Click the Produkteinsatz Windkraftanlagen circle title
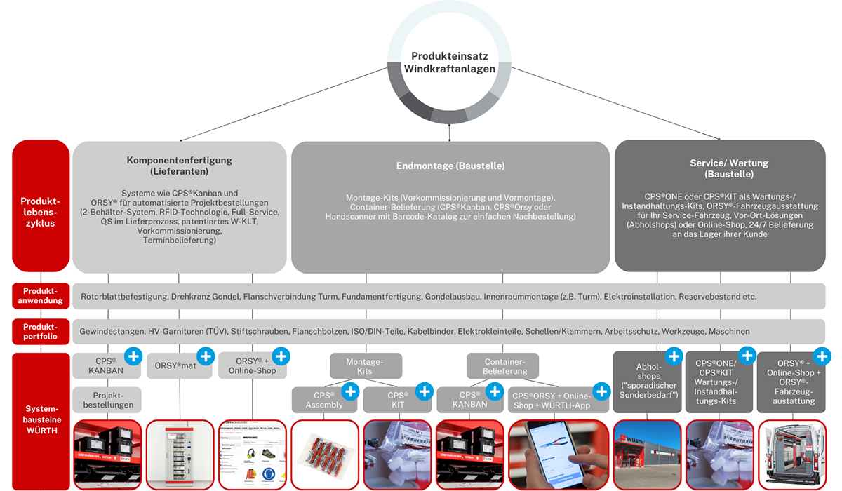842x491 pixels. click(449, 62)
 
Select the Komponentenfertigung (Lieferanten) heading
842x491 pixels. click(180, 166)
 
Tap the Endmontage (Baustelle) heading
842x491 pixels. click(450, 166)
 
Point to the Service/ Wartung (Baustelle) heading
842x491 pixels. click(729, 168)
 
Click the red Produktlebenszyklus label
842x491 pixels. click(41, 206)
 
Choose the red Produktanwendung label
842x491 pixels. click(41, 295)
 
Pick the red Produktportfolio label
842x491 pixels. click(41, 331)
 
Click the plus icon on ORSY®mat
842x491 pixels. click(206, 356)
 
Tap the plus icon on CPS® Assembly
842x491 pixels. click(350, 391)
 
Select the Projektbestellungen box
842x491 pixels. click(107, 400)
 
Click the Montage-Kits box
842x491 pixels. click(366, 366)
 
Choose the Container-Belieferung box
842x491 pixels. click(502, 366)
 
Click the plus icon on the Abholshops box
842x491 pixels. click(674, 356)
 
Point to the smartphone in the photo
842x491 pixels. click(556, 453)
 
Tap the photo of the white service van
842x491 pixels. click(792, 455)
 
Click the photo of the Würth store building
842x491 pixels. click(647, 455)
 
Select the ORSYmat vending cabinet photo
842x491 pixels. click(180, 455)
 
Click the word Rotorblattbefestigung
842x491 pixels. click(123, 297)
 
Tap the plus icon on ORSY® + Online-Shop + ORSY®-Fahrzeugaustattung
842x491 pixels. click(822, 356)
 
